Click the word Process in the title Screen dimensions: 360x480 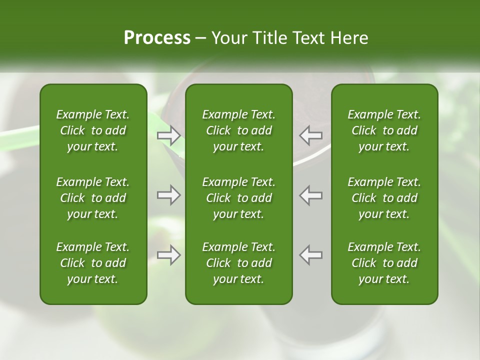pos(157,38)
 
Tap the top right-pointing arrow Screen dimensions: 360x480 pos(168,134)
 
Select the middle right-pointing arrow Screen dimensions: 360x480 pos(168,195)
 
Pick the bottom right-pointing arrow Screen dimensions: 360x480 pos(168,255)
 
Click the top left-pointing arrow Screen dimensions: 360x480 pos(311,134)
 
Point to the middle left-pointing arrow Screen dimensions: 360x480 pos(311,195)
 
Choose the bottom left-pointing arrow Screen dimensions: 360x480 pos(311,255)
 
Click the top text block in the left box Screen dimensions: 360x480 pos(93,130)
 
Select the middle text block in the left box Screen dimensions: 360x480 pos(93,198)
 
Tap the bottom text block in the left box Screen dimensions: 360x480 pos(93,263)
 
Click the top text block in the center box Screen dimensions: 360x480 pos(238,130)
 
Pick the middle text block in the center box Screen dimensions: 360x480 pos(238,198)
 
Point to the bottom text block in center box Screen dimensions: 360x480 pos(238,263)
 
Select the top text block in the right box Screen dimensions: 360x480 pos(384,130)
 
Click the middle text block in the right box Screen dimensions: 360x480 pos(384,198)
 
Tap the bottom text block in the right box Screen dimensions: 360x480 pos(384,263)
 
